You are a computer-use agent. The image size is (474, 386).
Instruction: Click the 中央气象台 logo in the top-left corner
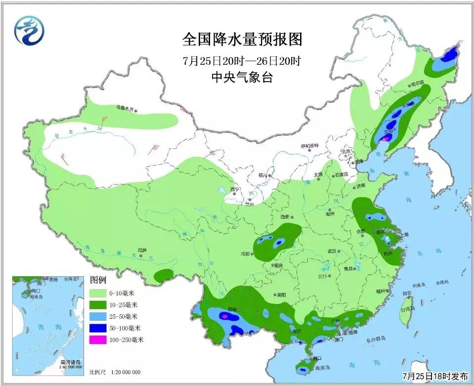pos(29,30)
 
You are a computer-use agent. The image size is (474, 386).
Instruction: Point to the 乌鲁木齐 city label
pos(126,106)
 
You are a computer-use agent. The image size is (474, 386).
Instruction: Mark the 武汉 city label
pos(331,251)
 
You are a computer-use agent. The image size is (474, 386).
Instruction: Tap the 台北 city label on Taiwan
pos(407,293)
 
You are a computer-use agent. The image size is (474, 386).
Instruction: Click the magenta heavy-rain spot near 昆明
pos(225,315)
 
